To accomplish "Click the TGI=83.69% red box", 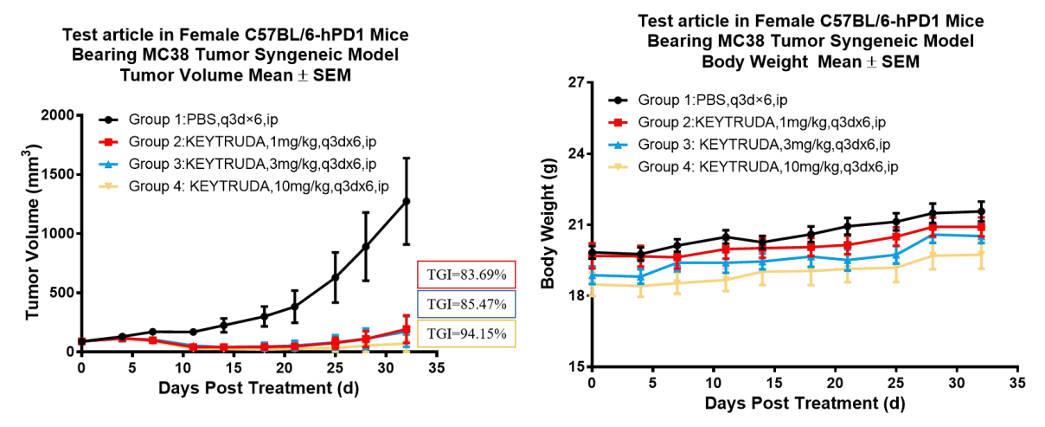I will (465, 276).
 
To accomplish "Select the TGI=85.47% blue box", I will (465, 304).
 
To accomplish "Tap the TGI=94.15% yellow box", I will (465, 333).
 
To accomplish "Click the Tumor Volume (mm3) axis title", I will (34, 234).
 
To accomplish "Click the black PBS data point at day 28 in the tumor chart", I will (366, 247).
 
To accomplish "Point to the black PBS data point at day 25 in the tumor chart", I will (335, 277).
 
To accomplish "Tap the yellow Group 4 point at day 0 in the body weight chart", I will (592, 284).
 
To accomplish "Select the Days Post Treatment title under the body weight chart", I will (805, 404).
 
